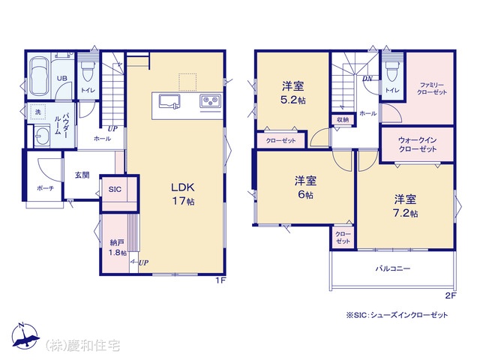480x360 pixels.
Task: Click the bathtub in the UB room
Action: (x=39, y=76)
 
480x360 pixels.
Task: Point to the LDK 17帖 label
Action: (x=183, y=194)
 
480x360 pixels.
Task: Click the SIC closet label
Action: (x=115, y=190)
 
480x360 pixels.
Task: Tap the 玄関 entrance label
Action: (x=82, y=175)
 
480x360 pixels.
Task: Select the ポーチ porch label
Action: (x=45, y=188)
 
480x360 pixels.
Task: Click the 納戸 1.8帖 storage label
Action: (x=118, y=248)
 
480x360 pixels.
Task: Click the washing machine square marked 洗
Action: (x=37, y=112)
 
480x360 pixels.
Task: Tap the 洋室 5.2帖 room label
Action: (x=293, y=93)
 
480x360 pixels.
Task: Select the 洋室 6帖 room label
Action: (x=305, y=187)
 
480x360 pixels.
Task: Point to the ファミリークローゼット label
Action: (x=432, y=88)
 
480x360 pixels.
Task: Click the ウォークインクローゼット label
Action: (x=418, y=145)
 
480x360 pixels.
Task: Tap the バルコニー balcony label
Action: (x=393, y=268)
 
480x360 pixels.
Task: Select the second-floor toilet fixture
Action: (x=391, y=71)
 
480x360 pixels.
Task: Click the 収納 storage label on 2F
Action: (x=343, y=120)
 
